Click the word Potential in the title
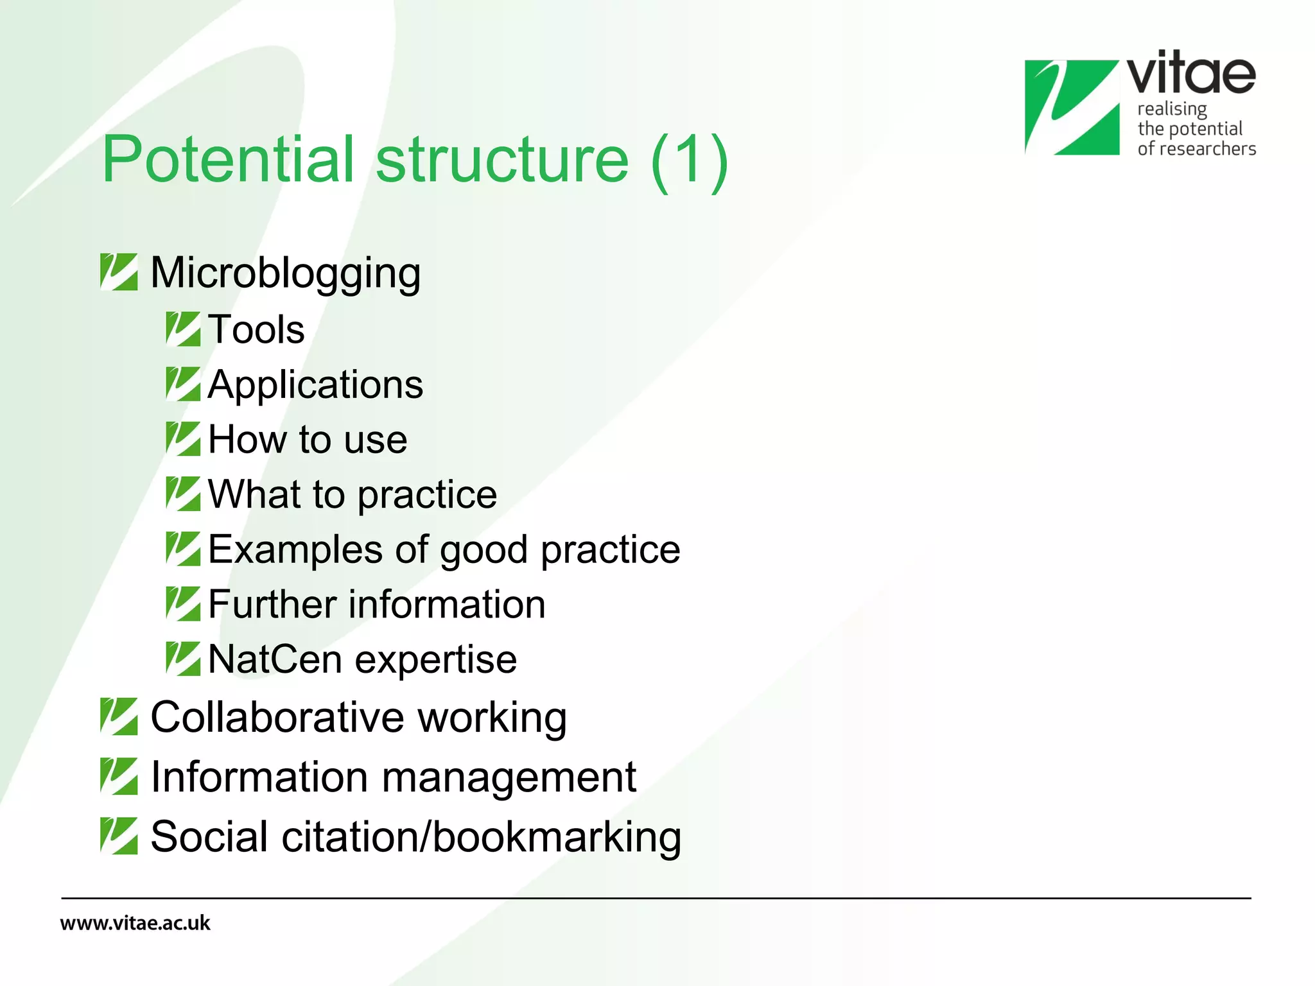coord(228,159)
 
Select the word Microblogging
coord(285,273)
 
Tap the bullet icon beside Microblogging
coord(119,272)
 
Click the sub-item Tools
coord(256,330)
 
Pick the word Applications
coord(315,385)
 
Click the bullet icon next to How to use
coord(183,439)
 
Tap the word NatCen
coord(275,660)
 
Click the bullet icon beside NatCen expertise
coord(183,659)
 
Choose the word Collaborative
coord(277,717)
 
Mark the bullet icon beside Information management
coord(119,776)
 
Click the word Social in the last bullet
coord(209,837)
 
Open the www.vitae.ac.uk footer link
coord(135,923)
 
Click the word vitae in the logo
coord(1190,74)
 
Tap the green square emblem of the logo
coord(1071,107)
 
